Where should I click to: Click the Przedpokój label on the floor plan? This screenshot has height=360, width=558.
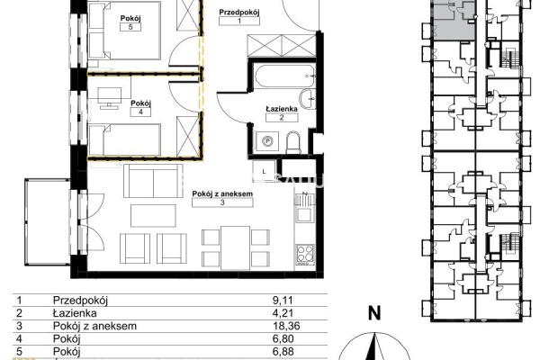click(x=239, y=12)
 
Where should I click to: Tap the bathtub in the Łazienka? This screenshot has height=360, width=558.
click(x=284, y=76)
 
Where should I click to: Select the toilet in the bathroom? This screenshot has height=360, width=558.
click(x=293, y=142)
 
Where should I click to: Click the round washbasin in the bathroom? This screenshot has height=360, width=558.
click(x=307, y=100)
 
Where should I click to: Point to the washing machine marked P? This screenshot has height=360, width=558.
click(x=267, y=141)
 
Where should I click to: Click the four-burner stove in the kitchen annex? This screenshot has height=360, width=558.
click(x=305, y=254)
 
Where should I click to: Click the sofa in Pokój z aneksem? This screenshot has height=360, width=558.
click(x=153, y=181)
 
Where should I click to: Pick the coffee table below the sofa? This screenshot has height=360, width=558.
click(x=153, y=216)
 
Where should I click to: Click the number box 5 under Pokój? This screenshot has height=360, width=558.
click(x=130, y=27)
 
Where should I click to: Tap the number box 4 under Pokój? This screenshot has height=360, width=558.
click(x=140, y=112)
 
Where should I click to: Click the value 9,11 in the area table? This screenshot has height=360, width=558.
click(x=283, y=301)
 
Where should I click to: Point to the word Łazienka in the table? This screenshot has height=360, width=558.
click(x=75, y=313)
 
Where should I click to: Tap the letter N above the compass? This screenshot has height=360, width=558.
click(x=374, y=313)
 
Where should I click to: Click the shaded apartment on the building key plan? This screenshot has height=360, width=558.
click(x=454, y=20)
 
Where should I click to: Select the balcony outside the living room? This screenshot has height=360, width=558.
click(x=48, y=222)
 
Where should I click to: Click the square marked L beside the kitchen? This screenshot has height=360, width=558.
click(x=264, y=172)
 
